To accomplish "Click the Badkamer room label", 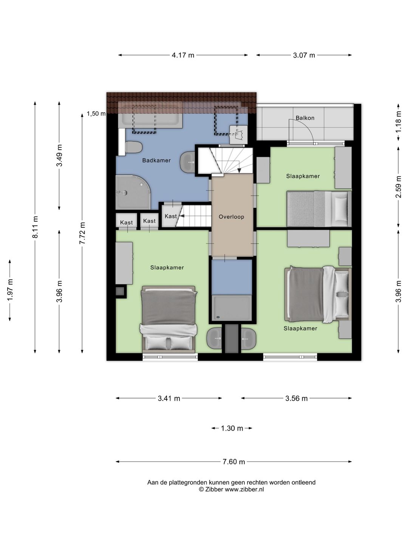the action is coord(156,160).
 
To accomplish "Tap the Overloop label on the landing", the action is coord(231,217).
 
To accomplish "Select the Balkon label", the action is coord(305,118).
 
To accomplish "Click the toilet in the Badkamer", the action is coord(133,148).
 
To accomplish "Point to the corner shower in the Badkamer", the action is coord(133,192).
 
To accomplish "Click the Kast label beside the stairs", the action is coord(171,216).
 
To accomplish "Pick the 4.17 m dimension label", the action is coord(183,55).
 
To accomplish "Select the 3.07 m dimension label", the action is coord(304,55).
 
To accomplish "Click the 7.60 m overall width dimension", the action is coord(233,462).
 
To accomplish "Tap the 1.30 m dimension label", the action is coord(232,428).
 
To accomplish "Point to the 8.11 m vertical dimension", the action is coord(36,227).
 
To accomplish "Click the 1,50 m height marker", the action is coord(96,114).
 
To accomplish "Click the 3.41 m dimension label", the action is coord(169,398).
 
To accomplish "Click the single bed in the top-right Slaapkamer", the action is coord(319,209).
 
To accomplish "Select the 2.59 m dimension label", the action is coord(398,187).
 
